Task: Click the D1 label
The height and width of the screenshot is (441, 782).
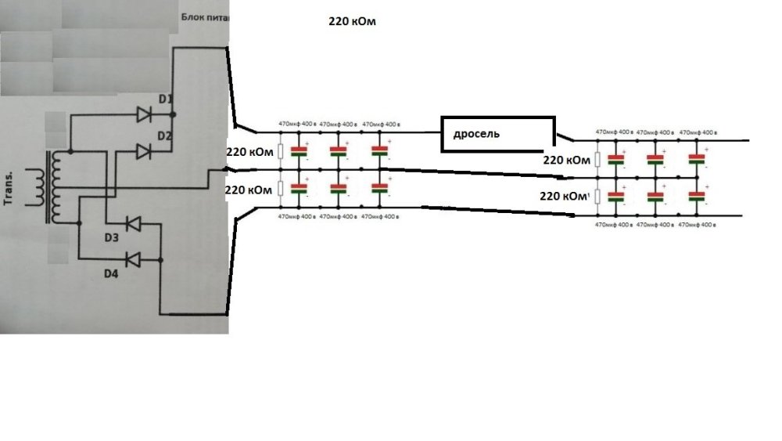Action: (164, 99)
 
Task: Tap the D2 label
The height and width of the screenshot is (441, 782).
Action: (164, 136)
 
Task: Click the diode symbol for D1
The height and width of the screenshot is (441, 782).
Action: (144, 114)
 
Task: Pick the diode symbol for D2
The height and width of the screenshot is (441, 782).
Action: (144, 150)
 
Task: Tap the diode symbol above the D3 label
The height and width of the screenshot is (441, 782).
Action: (134, 225)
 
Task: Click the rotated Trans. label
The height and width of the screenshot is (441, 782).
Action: (14, 188)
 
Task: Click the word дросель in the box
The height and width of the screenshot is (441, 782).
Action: (476, 134)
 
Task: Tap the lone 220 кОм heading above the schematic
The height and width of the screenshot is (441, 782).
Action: (352, 23)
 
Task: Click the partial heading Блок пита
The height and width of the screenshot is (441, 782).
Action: (204, 16)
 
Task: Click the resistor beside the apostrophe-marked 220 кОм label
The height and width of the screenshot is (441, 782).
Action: (597, 196)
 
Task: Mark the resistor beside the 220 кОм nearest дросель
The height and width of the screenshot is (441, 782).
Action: (597, 160)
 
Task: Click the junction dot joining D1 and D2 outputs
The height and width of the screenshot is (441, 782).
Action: (173, 114)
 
